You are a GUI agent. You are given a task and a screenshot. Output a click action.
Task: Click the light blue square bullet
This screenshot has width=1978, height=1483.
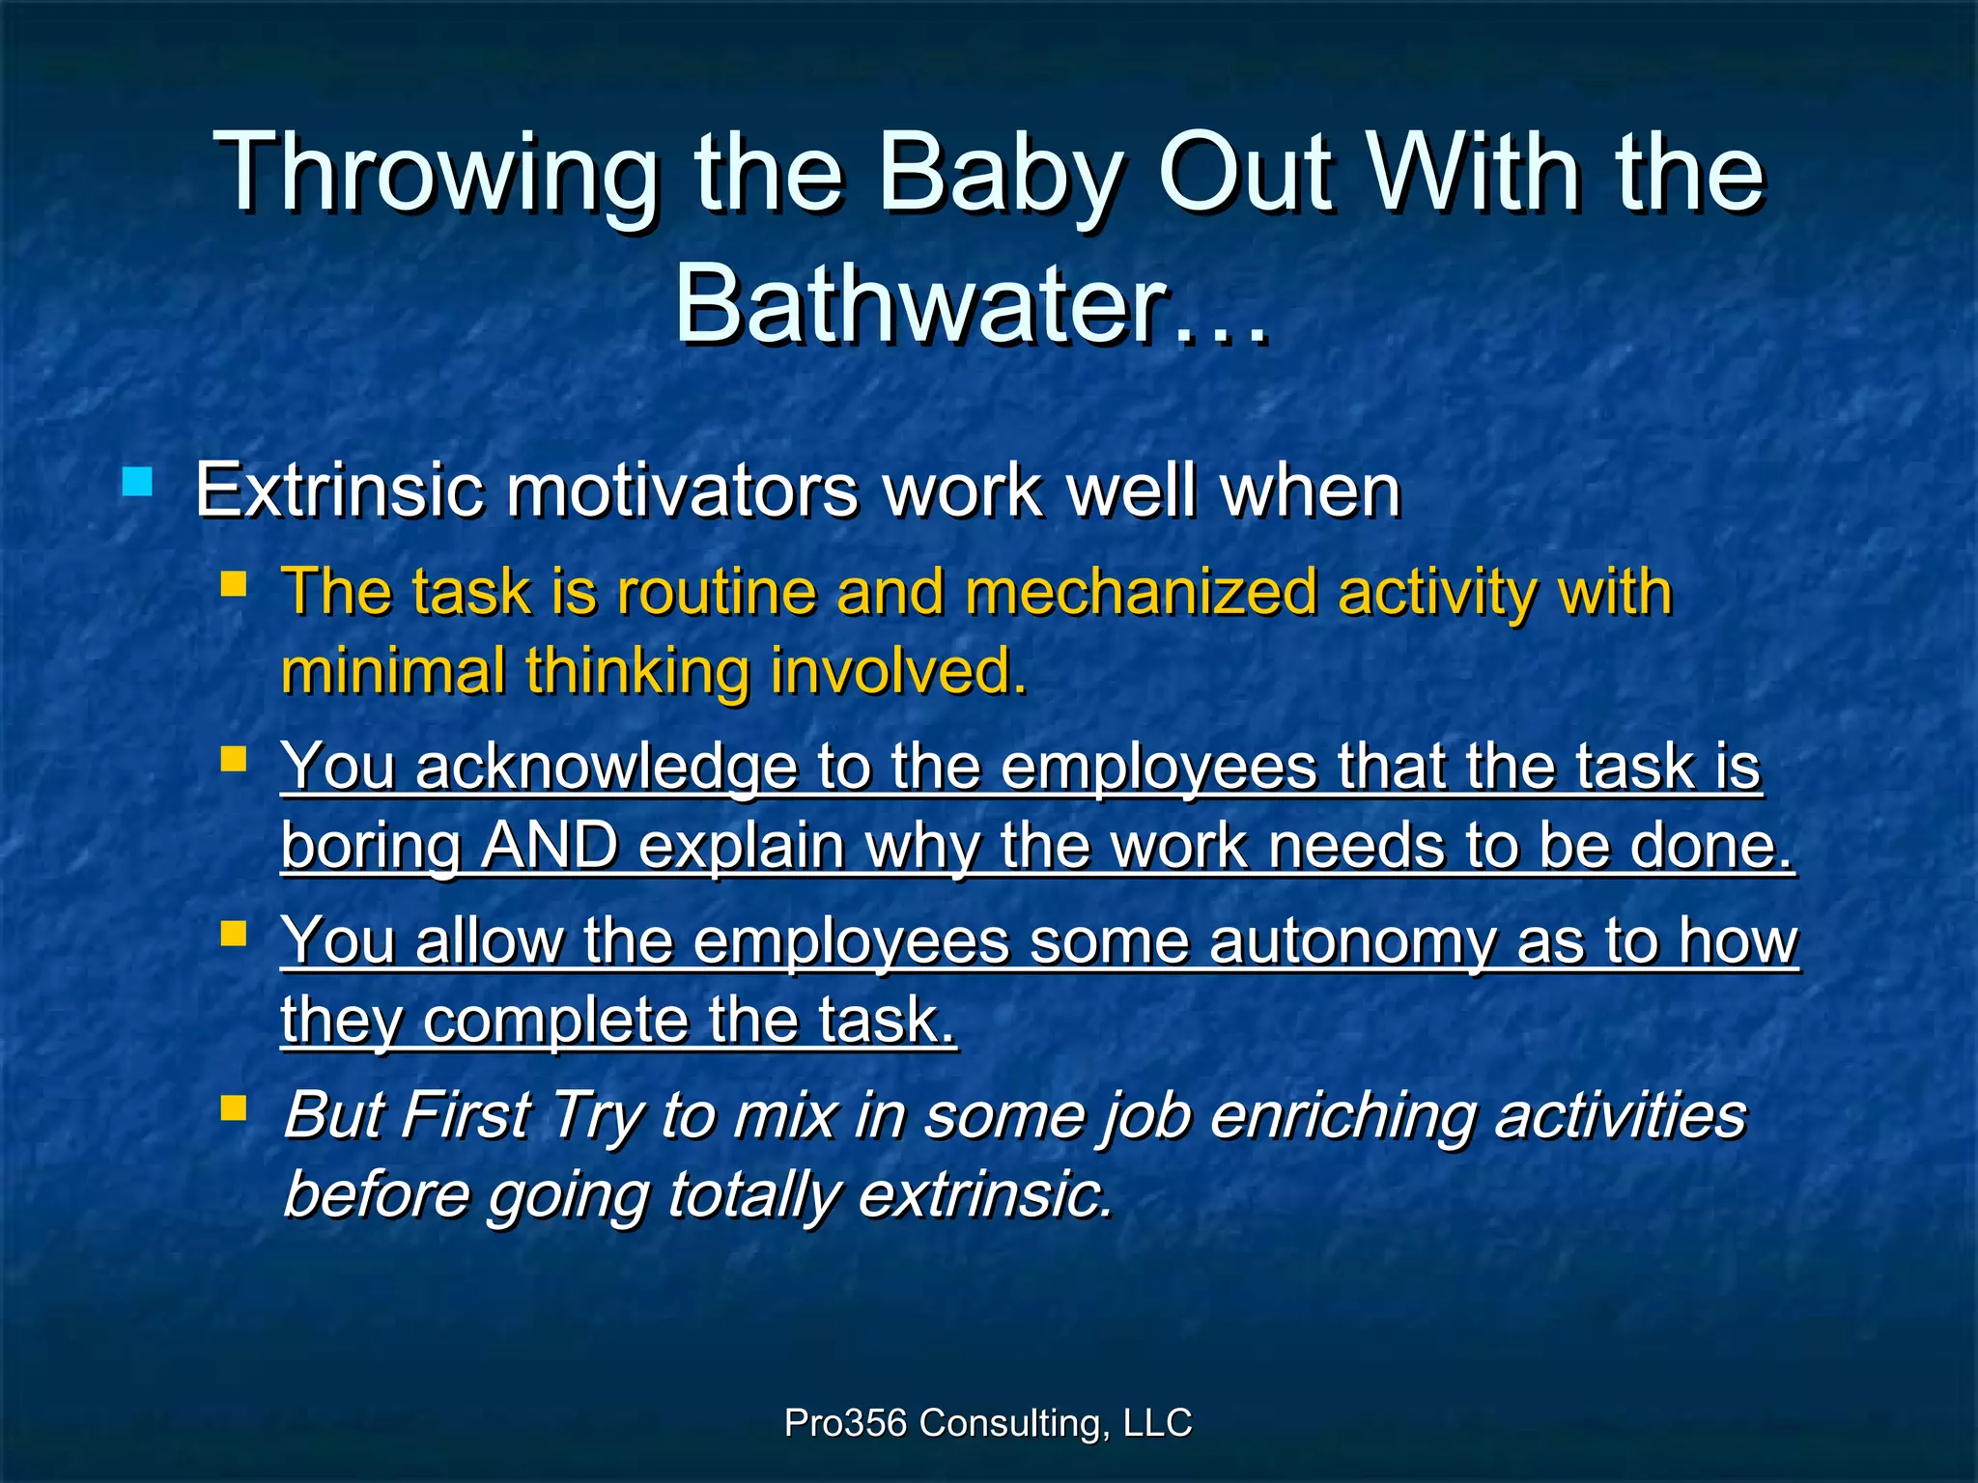137,482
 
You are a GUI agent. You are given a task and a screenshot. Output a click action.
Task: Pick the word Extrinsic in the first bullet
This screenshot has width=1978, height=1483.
338,490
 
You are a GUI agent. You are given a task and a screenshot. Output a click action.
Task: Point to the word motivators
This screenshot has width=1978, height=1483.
682,490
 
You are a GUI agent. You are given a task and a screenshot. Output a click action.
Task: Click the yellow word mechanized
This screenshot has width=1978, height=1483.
1141,591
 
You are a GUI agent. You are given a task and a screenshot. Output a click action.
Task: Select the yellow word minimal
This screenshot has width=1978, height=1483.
392,670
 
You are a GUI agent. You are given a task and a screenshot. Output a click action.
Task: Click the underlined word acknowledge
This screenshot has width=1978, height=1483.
607,767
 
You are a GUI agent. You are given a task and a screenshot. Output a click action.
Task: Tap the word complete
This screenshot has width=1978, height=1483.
555,1021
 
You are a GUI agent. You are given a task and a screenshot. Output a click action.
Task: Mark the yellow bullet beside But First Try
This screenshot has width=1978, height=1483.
234,1107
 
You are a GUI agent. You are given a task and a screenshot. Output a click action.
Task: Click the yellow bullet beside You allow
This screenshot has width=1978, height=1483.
234,933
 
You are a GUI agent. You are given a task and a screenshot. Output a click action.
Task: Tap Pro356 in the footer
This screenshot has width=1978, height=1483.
845,1423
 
